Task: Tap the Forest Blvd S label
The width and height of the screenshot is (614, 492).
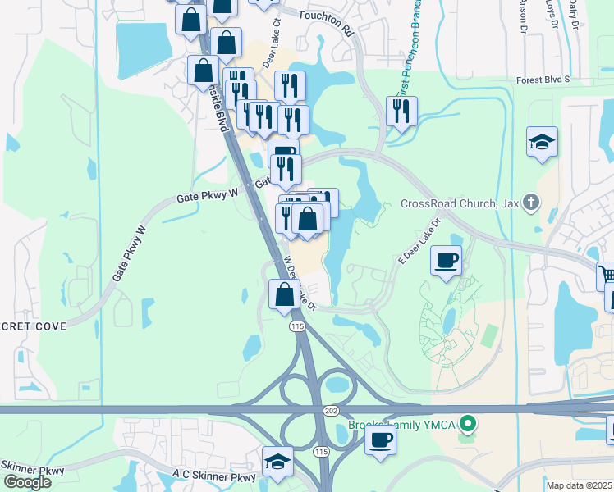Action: coord(543,80)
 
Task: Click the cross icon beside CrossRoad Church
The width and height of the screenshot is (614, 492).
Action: coord(532,202)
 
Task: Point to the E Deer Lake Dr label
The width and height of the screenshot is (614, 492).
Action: coord(419,239)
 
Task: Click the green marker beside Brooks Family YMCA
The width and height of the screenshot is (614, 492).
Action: coord(468,424)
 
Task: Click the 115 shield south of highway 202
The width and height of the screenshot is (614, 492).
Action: coord(322,452)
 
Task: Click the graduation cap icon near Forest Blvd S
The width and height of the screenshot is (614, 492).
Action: coord(542,142)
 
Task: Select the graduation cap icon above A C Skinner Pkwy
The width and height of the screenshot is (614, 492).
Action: coord(277,462)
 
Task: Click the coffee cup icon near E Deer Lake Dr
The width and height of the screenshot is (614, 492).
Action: coord(446,260)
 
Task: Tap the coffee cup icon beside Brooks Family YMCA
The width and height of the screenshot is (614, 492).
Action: coord(379,440)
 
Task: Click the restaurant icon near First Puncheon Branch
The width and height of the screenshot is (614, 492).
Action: coord(401,112)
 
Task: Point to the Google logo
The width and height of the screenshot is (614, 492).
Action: coord(26,482)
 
